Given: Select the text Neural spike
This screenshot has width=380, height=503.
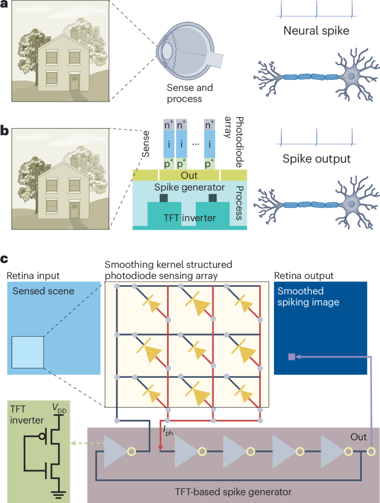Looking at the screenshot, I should coord(316,31).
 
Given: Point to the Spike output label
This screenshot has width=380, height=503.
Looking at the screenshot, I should coord(316,159).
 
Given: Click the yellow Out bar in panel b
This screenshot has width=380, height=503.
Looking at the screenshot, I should coord(189,175).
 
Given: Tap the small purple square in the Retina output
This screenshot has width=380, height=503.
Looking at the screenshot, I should coord(292,358).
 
